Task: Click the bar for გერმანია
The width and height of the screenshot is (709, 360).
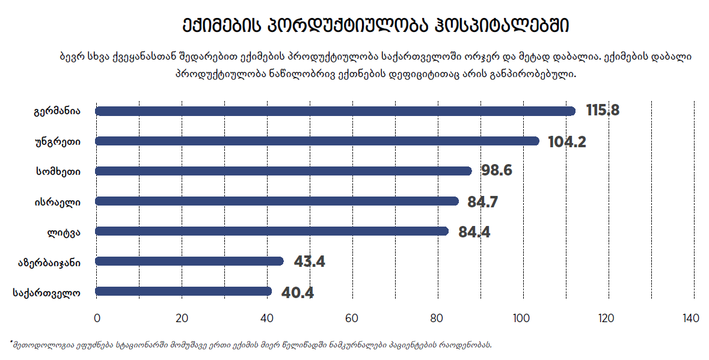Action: [x=335, y=111]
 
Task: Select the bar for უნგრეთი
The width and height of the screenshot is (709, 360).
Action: [x=317, y=141]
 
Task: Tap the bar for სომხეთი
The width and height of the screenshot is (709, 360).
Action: [x=283, y=171]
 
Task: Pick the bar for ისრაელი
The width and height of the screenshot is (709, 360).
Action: [x=277, y=201]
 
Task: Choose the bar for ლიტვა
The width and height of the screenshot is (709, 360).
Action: [x=272, y=231]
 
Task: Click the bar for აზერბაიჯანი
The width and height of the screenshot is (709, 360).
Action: [x=189, y=261]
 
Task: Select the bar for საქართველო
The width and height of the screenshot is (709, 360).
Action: [x=183, y=291]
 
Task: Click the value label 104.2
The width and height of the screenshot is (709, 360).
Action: [x=567, y=142]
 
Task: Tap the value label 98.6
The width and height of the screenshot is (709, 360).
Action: [x=497, y=171]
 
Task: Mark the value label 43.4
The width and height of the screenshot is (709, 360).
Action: [x=309, y=262]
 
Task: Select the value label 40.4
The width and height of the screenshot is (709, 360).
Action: [x=297, y=293]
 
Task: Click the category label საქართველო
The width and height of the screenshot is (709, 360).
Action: [x=46, y=293]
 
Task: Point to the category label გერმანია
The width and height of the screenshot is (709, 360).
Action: [x=57, y=111]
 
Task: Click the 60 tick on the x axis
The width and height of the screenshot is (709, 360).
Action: [x=352, y=318]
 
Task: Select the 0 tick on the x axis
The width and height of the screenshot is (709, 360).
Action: [x=97, y=318]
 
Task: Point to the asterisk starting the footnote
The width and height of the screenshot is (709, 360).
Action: [x=11, y=343]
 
